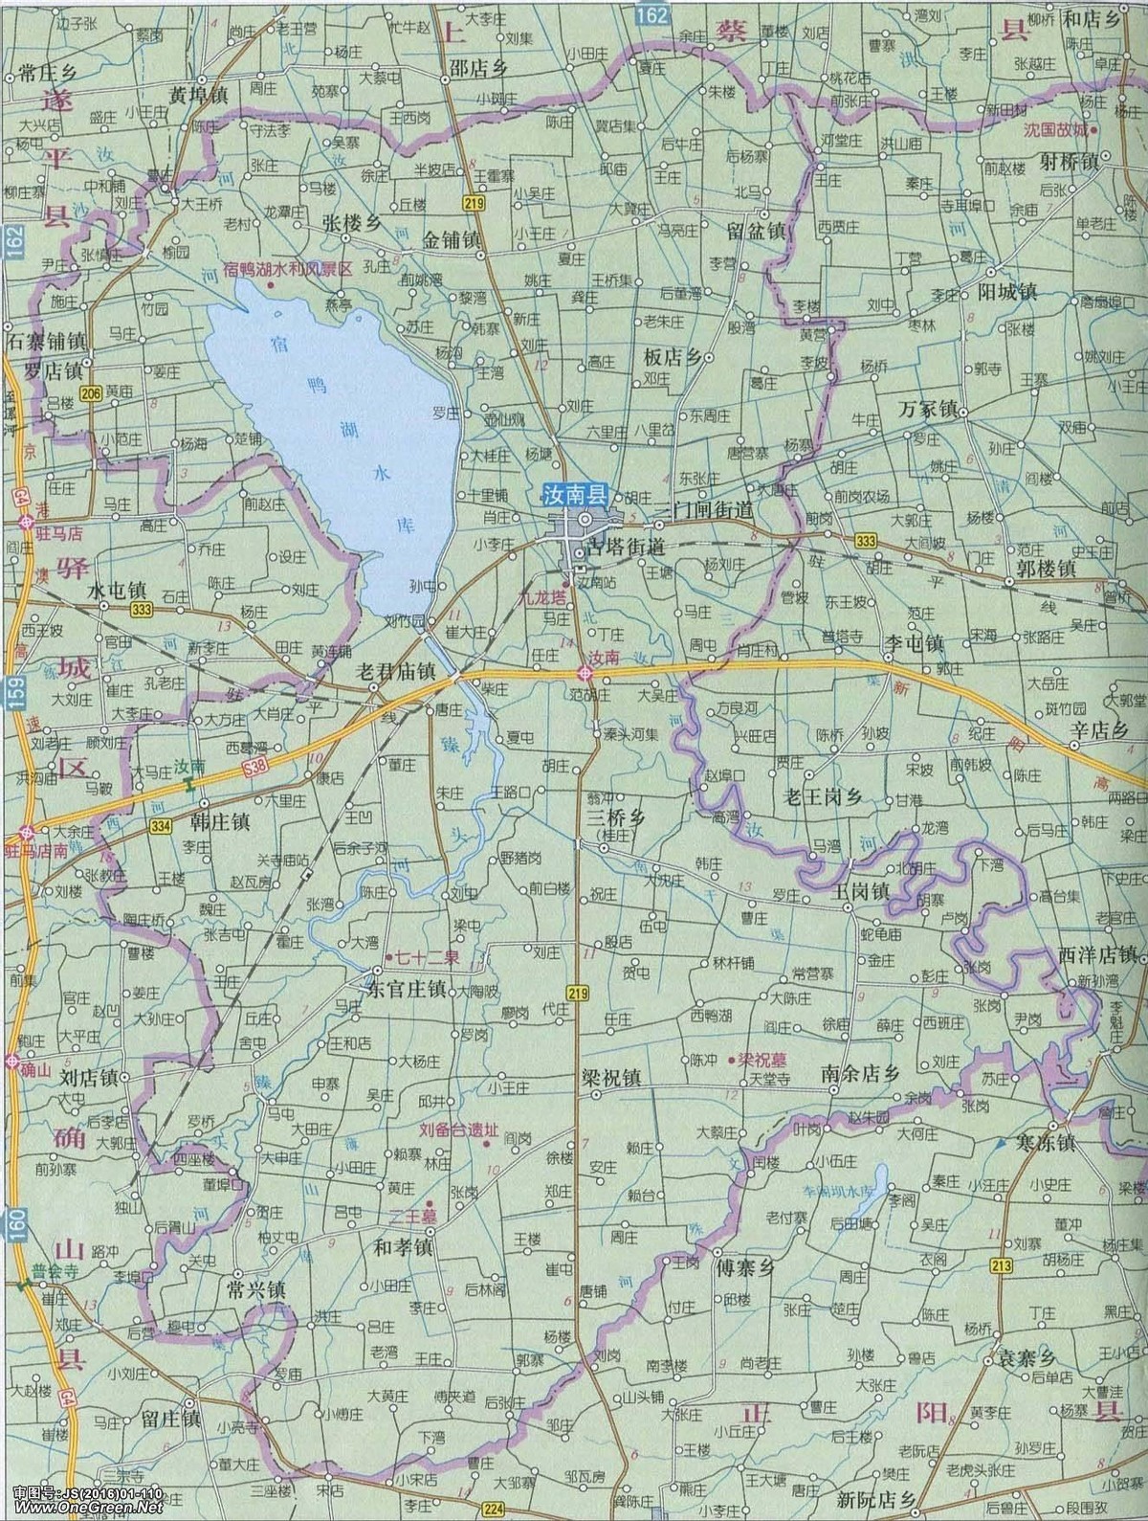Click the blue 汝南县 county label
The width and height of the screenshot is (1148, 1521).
[x=570, y=496]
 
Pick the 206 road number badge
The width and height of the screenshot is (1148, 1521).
[x=91, y=393]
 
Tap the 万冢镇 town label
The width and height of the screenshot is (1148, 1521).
[x=928, y=409]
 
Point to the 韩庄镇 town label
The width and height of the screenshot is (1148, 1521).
[x=220, y=821]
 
